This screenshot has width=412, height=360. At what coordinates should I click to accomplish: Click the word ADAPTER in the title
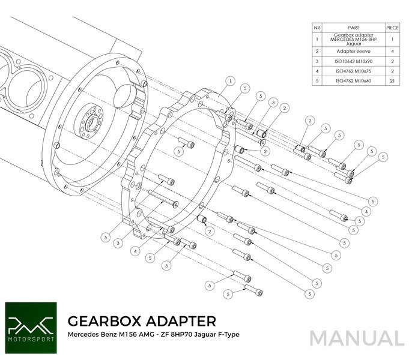click(177, 319)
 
